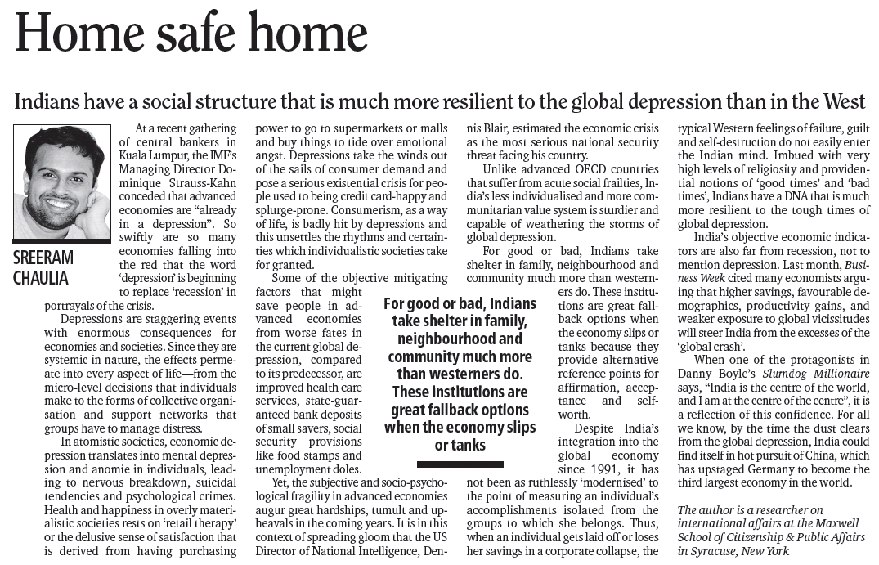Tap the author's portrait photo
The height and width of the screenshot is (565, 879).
click(x=62, y=182)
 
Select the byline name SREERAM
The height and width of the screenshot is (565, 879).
click(x=43, y=258)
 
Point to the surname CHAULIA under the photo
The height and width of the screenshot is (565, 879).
click(x=41, y=277)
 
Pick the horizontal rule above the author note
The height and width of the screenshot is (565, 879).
click(x=740, y=497)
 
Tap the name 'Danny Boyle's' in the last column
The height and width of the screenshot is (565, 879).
click(x=714, y=373)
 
